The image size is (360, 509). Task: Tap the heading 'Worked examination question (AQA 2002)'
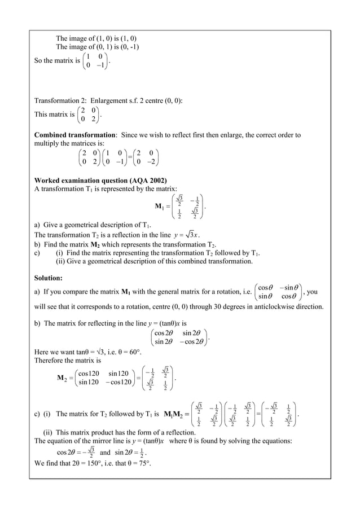click(96, 181)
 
